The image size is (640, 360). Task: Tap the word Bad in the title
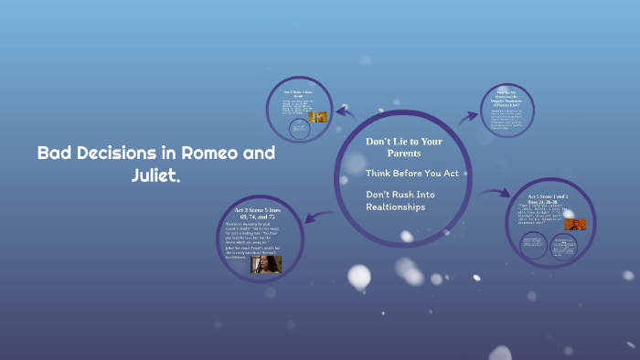[53, 154]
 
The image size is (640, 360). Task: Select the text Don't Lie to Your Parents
[403, 147]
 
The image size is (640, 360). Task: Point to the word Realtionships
[396, 206]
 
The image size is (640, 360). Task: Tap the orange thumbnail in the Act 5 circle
[574, 224]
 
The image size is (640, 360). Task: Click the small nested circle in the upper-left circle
[298, 130]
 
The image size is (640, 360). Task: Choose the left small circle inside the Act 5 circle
[533, 244]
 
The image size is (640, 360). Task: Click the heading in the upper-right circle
[507, 97]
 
